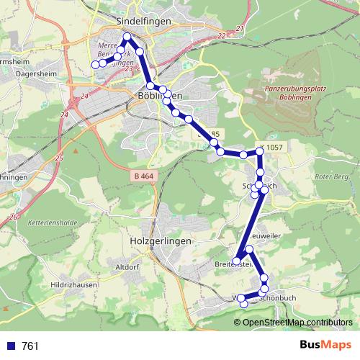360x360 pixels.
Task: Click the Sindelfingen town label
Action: [143, 22]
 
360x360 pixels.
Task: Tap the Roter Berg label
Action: [335, 175]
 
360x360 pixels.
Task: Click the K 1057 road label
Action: [274, 147]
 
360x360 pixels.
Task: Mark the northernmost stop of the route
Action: [127, 37]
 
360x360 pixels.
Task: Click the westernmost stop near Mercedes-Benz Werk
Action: [94, 64]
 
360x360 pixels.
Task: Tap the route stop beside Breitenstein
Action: [236, 260]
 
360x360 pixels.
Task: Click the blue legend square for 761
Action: [9, 346]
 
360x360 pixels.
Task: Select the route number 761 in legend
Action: [30, 346]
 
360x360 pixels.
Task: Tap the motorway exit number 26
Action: [13, 217]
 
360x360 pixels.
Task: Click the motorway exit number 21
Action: [240, 28]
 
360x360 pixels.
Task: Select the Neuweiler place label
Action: [268, 236]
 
